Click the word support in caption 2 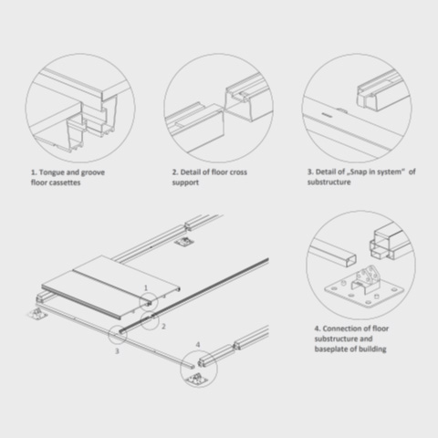click(x=185, y=182)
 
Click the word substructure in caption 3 click(x=328, y=182)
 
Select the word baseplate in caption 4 click(x=331, y=349)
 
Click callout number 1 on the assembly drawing click(x=146, y=287)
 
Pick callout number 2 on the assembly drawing click(x=163, y=327)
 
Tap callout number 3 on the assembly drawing click(x=117, y=351)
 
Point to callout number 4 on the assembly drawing click(x=198, y=345)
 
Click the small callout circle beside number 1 click(x=149, y=293)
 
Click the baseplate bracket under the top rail click(x=183, y=242)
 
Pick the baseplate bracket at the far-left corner click(x=38, y=314)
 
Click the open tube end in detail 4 click(x=351, y=261)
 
